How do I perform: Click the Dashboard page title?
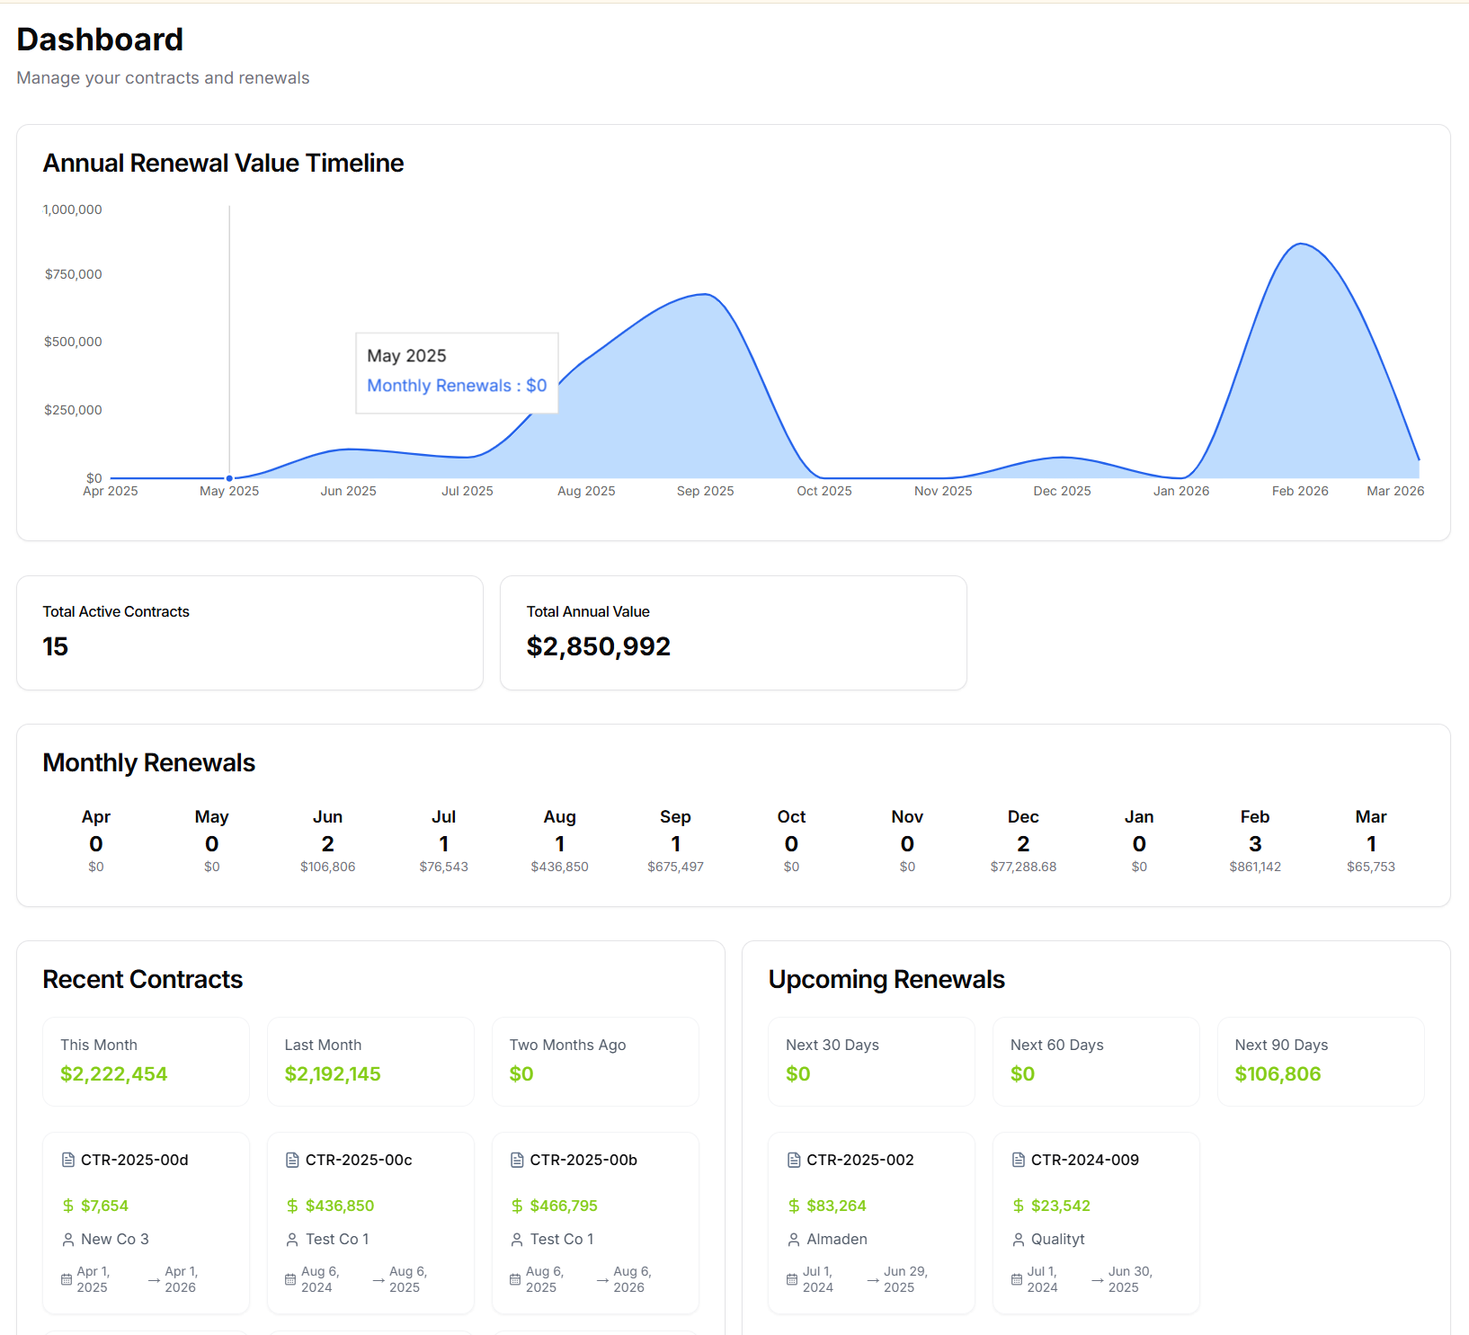[100, 40]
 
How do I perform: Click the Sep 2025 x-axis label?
[705, 491]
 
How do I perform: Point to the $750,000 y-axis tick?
[74, 274]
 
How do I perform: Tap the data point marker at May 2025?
[229, 478]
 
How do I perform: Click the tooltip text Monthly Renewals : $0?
[457, 386]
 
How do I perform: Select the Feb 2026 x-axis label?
[1299, 491]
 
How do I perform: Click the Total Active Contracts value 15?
[56, 646]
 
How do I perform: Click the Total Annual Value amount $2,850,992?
[598, 646]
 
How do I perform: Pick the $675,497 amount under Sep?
[675, 867]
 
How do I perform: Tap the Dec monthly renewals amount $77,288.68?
[1023, 867]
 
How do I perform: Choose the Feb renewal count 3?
[1255, 843]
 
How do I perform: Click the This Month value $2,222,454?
[114, 1073]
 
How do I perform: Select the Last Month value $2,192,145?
[333, 1073]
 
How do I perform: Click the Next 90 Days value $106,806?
[1278, 1073]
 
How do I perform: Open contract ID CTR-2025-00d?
[135, 1160]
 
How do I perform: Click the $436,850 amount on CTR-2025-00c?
[340, 1206]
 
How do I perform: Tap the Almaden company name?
[837, 1239]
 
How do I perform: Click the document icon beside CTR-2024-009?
[1018, 1160]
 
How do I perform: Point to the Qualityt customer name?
[1057, 1239]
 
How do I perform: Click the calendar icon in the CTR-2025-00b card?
[515, 1279]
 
